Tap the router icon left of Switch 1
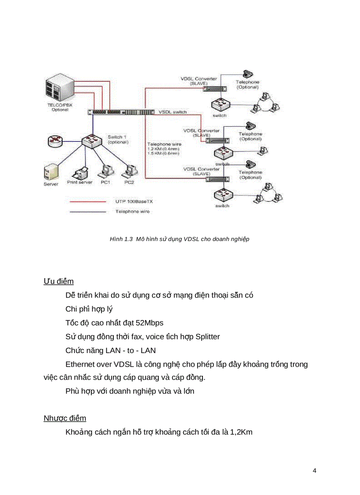55,141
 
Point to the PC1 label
105,182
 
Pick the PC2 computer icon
128,169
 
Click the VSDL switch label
172,112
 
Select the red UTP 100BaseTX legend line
87,201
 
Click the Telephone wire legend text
132,212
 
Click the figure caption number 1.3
128,239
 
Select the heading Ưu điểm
58,281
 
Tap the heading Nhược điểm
65,418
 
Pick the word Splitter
205,337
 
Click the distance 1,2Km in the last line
241,432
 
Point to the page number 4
314,470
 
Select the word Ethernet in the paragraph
81,365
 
